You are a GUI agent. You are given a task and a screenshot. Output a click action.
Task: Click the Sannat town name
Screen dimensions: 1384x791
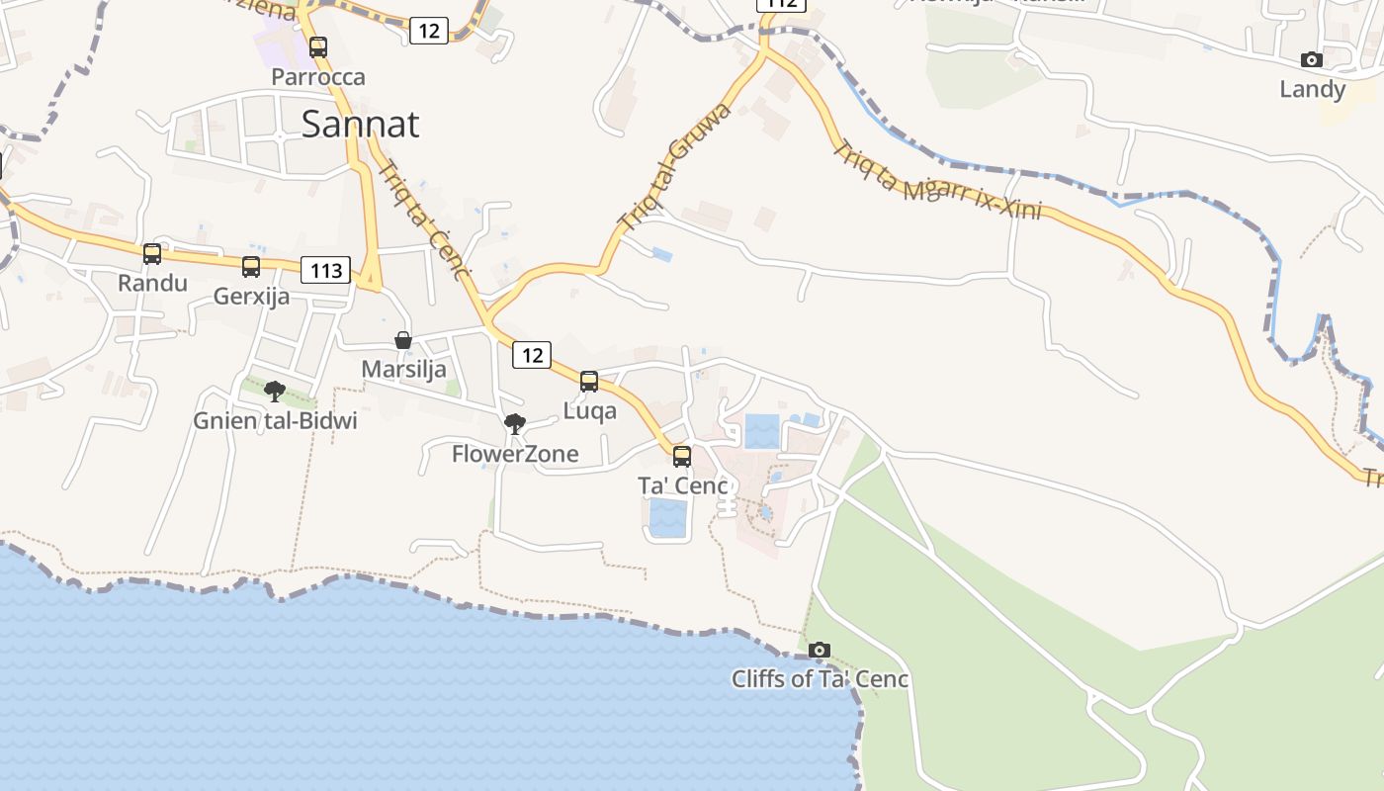pyautogui.click(x=360, y=125)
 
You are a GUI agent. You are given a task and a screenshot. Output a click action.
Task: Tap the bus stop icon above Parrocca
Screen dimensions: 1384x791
pyautogui.click(x=317, y=46)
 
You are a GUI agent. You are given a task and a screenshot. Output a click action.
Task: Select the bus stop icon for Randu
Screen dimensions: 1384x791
pyautogui.click(x=152, y=254)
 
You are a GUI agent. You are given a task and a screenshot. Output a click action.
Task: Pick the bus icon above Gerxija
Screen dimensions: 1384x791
pyautogui.click(x=251, y=266)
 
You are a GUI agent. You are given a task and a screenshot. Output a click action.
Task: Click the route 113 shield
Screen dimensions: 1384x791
pyautogui.click(x=326, y=270)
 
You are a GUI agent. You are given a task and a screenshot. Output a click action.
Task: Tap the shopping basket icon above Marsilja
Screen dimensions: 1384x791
pyautogui.click(x=403, y=340)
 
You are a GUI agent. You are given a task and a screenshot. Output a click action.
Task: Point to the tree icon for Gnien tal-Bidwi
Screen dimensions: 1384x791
pyautogui.click(x=275, y=391)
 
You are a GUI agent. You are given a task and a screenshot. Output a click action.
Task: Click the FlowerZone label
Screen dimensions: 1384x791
pyautogui.click(x=515, y=455)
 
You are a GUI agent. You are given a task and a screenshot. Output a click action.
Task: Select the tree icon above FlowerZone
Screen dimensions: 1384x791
pyautogui.click(x=514, y=424)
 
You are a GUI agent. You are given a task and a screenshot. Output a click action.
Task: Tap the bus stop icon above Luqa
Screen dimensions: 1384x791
pyautogui.click(x=589, y=381)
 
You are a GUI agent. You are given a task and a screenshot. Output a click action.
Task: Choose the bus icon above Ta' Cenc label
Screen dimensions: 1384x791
pyautogui.click(x=682, y=456)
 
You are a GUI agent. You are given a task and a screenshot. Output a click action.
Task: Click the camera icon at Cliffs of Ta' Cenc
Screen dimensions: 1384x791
pyautogui.click(x=820, y=650)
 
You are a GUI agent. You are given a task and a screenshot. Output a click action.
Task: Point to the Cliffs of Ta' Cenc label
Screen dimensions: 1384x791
pyautogui.click(x=820, y=679)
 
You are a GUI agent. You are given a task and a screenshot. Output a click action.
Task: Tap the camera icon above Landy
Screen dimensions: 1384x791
pyautogui.click(x=1312, y=60)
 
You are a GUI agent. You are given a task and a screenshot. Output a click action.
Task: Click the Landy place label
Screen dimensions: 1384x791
pyautogui.click(x=1312, y=90)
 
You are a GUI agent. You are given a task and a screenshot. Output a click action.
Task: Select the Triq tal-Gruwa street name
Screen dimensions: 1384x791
pyautogui.click(x=674, y=164)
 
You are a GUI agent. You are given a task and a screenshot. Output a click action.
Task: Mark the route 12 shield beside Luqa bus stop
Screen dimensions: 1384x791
pyautogui.click(x=532, y=355)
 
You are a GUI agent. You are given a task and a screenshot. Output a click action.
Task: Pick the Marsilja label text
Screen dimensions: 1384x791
pyautogui.click(x=403, y=370)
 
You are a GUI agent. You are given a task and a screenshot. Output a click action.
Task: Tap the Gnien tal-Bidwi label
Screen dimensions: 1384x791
pyautogui.click(x=275, y=421)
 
